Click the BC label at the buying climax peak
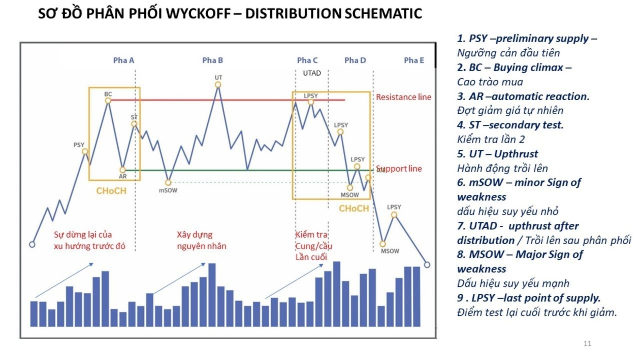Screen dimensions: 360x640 click(108, 94)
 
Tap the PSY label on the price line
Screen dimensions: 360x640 click(79, 145)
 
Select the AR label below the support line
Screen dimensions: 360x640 click(122, 177)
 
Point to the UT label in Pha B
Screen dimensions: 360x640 click(218, 78)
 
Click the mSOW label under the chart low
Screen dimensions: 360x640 click(168, 190)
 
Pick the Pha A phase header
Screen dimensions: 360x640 click(123, 60)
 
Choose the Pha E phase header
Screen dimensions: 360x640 click(414, 60)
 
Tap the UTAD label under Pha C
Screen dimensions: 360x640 click(312, 73)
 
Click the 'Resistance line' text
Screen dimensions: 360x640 click(403, 97)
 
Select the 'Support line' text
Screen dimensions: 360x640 click(399, 169)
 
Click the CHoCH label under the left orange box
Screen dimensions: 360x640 click(111, 191)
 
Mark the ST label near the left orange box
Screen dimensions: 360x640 click(134, 117)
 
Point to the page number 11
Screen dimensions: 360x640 click(587, 344)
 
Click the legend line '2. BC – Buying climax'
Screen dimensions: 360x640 click(514, 68)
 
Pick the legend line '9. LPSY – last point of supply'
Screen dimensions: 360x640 click(528, 298)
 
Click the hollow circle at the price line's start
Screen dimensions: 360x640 click(33, 244)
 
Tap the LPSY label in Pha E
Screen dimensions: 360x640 click(394, 207)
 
